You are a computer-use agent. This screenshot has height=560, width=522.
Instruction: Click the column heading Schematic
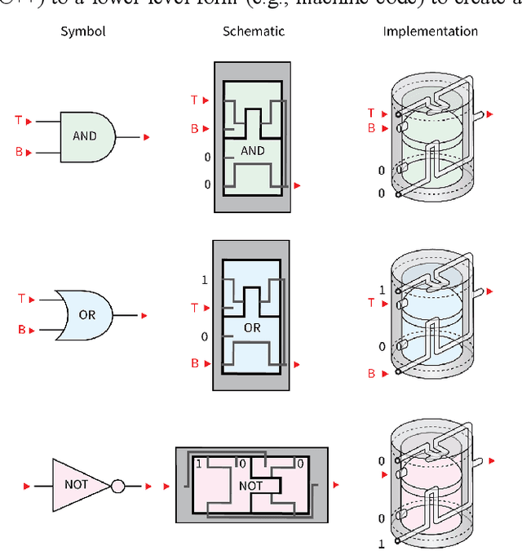pos(253,32)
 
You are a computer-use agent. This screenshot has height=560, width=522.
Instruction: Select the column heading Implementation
pos(430,32)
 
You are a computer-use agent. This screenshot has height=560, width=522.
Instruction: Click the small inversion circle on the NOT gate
pos(117,487)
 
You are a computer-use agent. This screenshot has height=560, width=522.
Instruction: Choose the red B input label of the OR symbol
pos(21,330)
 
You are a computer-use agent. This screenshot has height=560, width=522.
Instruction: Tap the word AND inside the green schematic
pos(253,151)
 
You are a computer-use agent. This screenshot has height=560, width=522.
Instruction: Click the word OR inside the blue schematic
pos(252,327)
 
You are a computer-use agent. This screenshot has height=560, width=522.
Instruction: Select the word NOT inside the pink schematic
pos(250,485)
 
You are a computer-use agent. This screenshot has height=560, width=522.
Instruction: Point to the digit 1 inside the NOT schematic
pos(198,464)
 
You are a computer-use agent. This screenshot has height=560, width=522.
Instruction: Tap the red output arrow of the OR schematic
pos(298,363)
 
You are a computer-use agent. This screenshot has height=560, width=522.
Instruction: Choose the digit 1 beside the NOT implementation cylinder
pos(381,544)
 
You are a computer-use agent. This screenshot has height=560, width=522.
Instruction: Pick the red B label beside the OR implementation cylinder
pos(371,374)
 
